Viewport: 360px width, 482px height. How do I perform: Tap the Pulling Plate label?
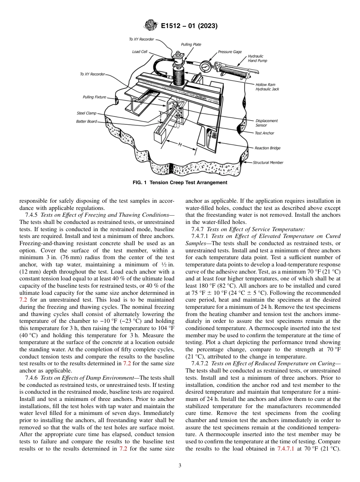(191, 44)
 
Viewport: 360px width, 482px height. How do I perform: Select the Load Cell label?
(139, 52)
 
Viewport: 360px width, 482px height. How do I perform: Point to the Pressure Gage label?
(230, 52)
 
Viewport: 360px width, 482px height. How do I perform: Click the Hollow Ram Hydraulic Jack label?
(267, 87)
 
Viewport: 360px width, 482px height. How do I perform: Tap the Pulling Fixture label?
(94, 97)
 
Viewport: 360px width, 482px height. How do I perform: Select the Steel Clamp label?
(86, 113)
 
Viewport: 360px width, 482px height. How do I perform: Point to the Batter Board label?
(86, 122)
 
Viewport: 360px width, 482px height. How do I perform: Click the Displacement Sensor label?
(266, 123)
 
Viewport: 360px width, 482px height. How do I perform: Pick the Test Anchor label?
(264, 133)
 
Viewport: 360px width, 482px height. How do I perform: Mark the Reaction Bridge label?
(268, 148)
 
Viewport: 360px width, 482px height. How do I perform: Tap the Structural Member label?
(268, 163)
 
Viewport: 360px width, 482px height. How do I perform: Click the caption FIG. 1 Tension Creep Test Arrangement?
(180, 183)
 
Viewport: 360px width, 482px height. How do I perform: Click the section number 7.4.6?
(33, 378)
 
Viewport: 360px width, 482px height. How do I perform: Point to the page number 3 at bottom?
(180, 465)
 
